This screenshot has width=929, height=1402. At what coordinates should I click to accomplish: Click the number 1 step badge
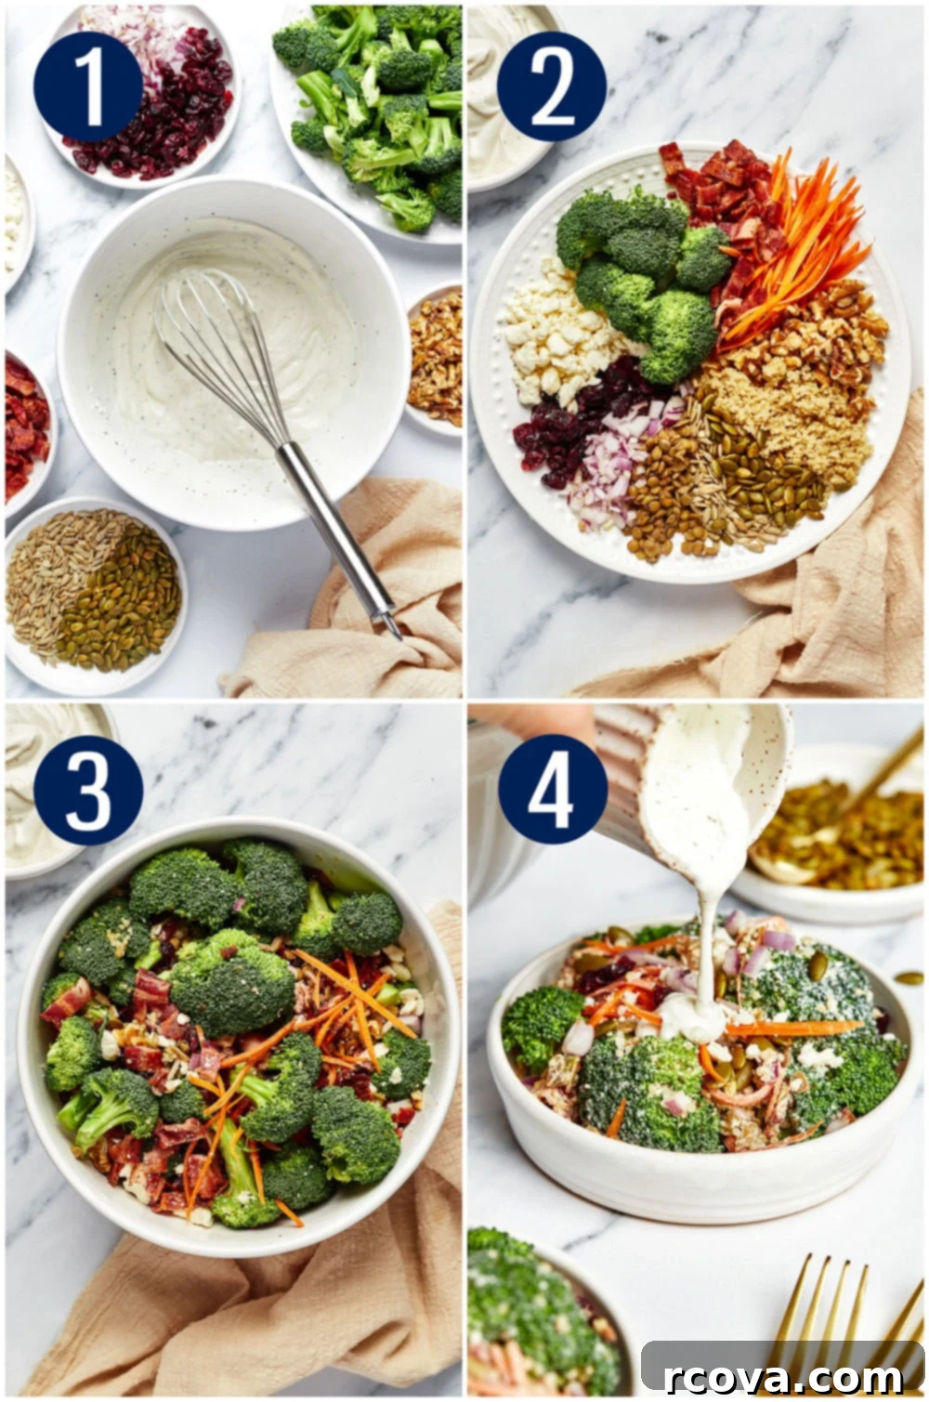[x=88, y=87]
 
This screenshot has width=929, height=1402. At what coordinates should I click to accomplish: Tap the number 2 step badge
[x=552, y=87]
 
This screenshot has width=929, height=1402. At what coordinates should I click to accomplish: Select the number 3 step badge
[x=88, y=790]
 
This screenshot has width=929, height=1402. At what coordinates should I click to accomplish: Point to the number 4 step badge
[x=552, y=790]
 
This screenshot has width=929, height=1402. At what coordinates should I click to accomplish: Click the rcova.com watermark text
[x=782, y=1376]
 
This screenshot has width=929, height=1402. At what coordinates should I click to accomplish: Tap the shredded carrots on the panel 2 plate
[x=795, y=250]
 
